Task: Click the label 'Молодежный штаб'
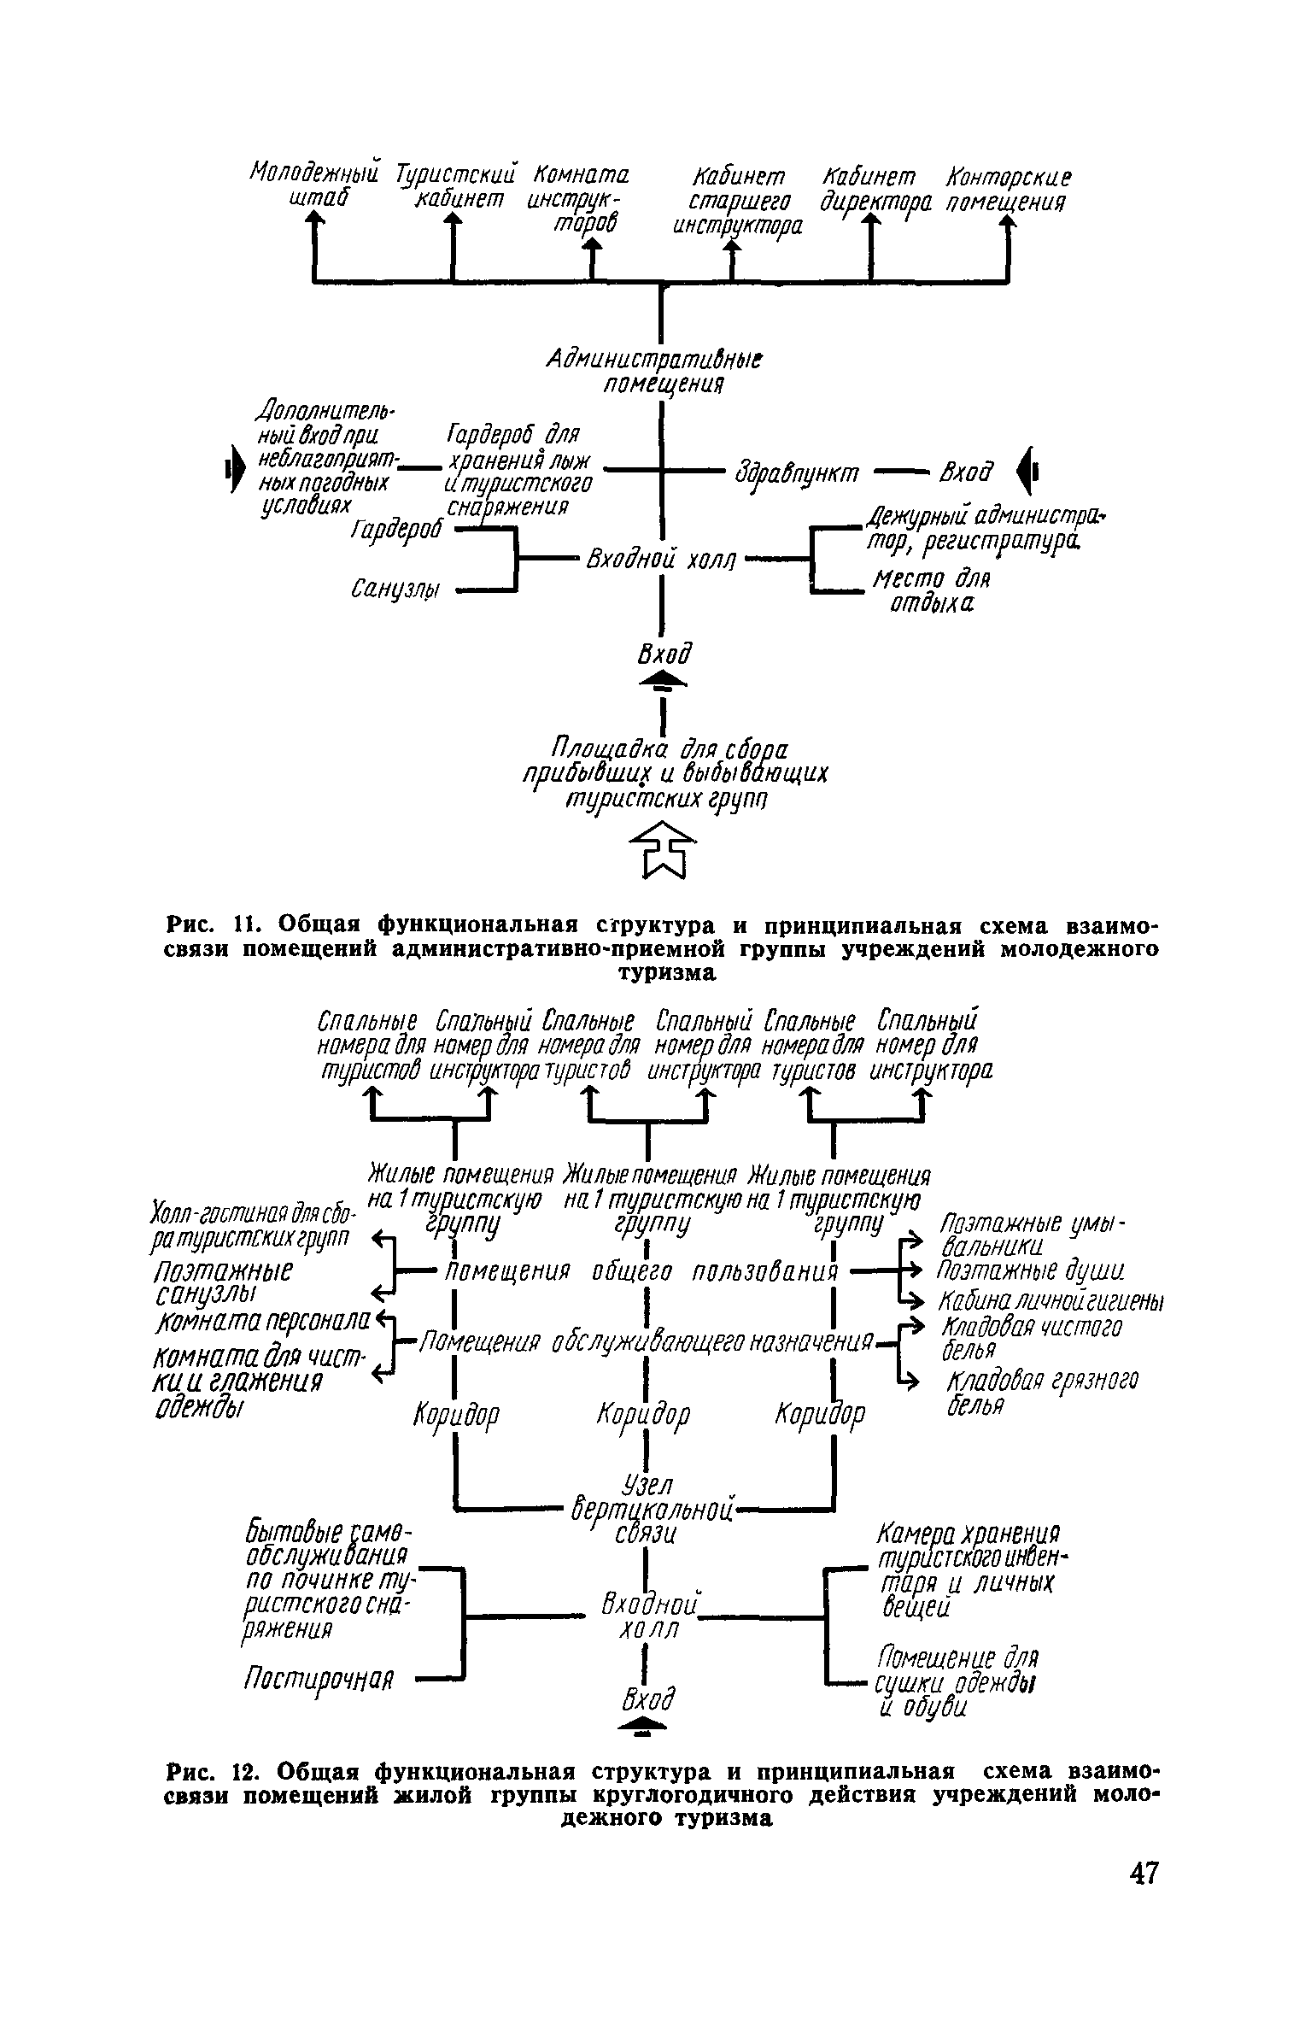coord(313,185)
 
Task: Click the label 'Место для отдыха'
coord(930,591)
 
